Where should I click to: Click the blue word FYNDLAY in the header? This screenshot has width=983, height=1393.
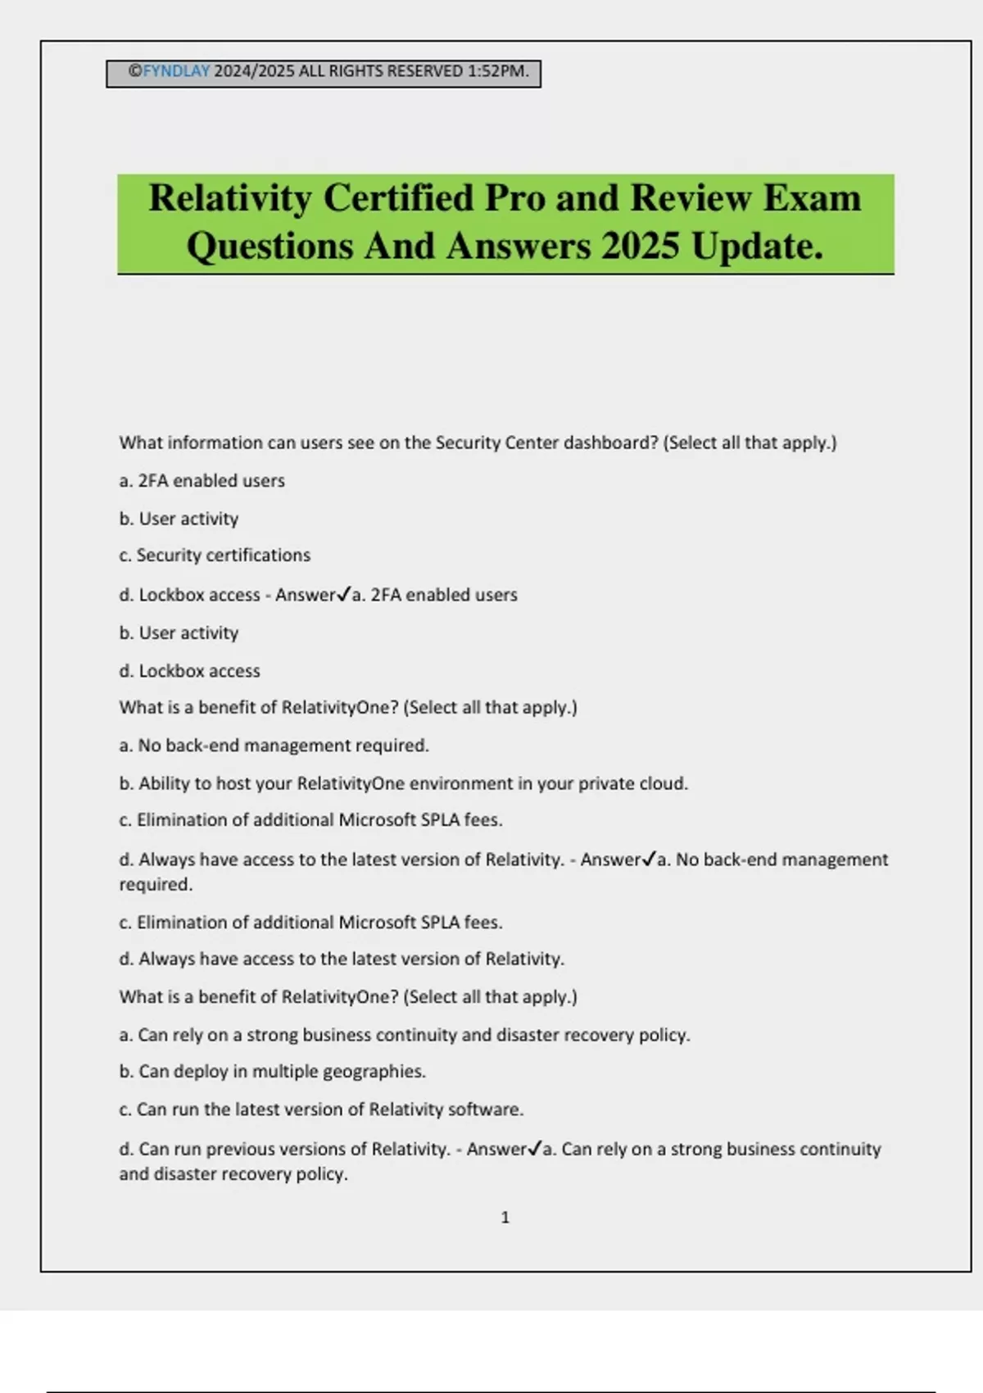(x=176, y=71)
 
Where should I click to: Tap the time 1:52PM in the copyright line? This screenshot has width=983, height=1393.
(x=498, y=71)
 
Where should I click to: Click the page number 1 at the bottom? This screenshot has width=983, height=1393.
(x=505, y=1218)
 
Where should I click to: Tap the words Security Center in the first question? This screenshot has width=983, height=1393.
(x=485, y=442)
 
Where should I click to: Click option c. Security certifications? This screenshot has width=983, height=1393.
(x=215, y=555)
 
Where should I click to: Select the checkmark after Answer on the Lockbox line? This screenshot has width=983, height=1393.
(x=344, y=593)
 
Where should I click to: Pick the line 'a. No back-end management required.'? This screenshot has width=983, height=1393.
(x=274, y=746)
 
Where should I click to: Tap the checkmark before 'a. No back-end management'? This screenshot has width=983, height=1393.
(x=649, y=858)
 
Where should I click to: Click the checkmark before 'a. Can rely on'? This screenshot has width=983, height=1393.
(x=535, y=1148)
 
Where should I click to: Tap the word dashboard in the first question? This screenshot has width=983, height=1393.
(x=610, y=442)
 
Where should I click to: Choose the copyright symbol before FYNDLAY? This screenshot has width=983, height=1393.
(x=135, y=71)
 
